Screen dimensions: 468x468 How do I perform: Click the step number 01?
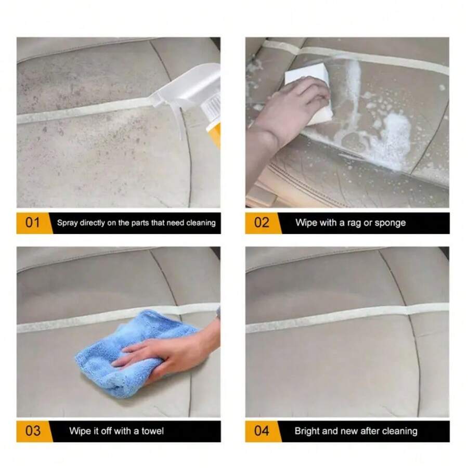pos(32,223)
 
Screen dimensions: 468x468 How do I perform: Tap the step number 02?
pos(262,223)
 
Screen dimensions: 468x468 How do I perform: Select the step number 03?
pos(32,431)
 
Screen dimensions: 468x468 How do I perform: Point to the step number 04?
pos(262,431)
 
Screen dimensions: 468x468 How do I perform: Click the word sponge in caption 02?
pos(391,223)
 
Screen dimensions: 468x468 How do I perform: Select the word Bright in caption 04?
pos(307,431)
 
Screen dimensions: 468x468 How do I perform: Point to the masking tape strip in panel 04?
pos(343,318)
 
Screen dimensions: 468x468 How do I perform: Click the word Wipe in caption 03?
pos(80,431)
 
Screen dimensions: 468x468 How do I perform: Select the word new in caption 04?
pos(349,431)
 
